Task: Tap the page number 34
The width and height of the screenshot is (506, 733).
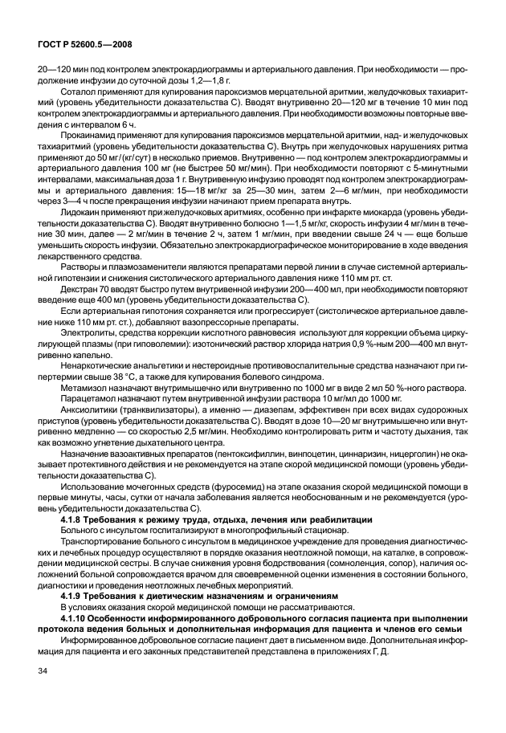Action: (x=33, y=670)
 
